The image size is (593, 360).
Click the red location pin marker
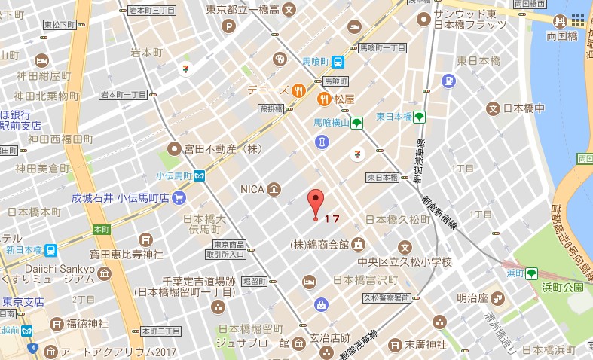[316, 202]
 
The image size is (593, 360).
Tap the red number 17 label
[332, 219]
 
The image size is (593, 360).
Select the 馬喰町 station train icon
[338, 63]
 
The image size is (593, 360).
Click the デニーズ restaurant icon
[298, 90]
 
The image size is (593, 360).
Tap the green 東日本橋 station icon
[419, 117]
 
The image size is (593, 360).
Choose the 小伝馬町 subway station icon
[199, 175]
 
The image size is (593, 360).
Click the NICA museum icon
[274, 188]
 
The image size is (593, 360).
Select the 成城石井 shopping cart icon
[179, 198]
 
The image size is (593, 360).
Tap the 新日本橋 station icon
[50, 250]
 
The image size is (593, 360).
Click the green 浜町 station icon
[531, 273]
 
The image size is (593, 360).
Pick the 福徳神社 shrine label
[90, 324]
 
